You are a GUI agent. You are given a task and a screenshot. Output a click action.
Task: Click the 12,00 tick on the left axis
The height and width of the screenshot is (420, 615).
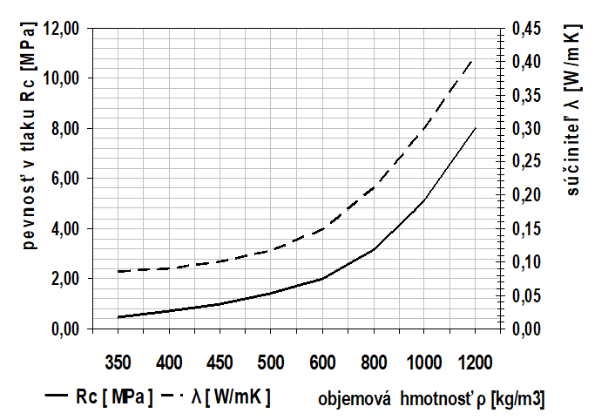[60, 29]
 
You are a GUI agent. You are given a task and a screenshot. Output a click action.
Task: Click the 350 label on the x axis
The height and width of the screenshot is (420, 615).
[118, 361]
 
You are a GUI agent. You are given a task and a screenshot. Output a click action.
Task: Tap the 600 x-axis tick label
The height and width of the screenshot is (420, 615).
[322, 361]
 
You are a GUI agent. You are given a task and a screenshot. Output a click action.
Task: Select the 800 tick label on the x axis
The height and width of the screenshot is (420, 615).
[373, 361]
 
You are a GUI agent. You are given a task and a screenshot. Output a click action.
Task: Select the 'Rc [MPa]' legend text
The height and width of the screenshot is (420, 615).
[115, 397]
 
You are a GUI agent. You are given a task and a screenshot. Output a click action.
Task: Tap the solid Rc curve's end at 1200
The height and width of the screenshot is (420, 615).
[475, 128]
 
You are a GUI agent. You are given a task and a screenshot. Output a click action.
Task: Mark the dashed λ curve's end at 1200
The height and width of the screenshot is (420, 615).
[474, 57]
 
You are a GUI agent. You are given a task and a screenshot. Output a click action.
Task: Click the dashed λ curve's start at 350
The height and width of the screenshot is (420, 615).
[118, 272]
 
